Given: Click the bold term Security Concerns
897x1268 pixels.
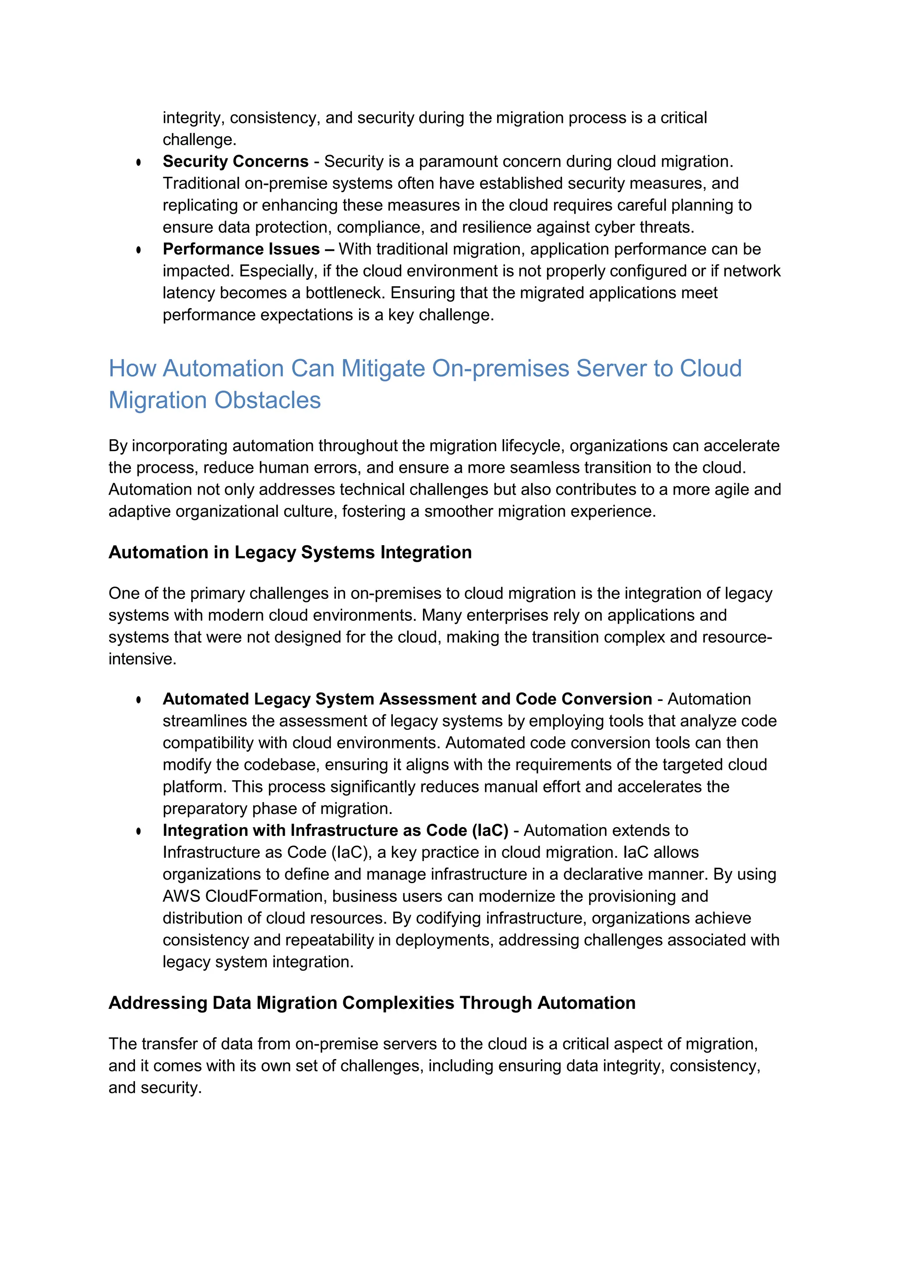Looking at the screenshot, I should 235,161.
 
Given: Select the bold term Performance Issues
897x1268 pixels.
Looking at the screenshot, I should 241,249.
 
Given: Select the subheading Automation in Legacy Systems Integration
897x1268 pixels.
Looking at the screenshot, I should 290,552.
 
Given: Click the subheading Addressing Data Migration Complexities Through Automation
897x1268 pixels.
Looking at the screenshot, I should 372,1003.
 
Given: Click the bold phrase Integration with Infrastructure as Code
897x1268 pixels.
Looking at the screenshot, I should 335,831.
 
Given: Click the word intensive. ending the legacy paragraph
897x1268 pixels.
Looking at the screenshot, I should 142,659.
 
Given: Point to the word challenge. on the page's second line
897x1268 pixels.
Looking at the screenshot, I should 199,140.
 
